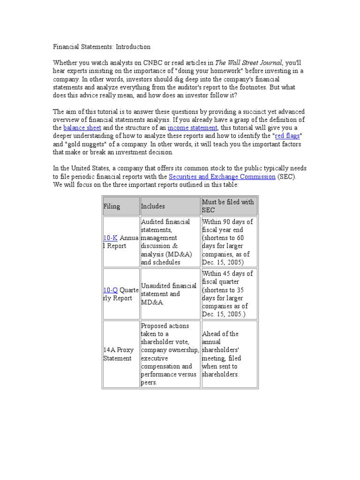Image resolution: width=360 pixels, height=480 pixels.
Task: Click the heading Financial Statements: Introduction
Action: [x=101, y=47]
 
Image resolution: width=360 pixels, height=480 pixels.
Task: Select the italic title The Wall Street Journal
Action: [x=248, y=63]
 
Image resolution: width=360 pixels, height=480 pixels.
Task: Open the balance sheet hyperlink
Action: [x=82, y=128]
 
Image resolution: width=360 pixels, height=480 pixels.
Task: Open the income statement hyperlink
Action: [x=192, y=128]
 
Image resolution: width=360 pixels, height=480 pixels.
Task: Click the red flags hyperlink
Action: [x=287, y=136]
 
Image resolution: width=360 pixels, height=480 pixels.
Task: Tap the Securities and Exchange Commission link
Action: [x=222, y=177]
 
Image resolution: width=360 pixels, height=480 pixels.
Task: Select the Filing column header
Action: [x=112, y=206]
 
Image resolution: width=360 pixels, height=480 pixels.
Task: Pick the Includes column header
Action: [x=153, y=206]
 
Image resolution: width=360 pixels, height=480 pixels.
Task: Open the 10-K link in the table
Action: [x=110, y=238]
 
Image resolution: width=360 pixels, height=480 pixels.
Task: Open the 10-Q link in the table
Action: [x=111, y=290]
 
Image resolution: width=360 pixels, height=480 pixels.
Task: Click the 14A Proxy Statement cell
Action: [x=118, y=354]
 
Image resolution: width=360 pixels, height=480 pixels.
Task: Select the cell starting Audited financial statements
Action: [x=170, y=242]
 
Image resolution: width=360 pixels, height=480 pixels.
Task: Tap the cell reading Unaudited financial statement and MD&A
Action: [x=170, y=294]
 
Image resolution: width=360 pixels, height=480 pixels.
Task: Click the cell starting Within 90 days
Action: [x=229, y=242]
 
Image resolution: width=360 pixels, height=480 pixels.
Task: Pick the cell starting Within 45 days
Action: [x=229, y=294]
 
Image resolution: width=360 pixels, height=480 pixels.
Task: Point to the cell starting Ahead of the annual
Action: [x=229, y=354]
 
